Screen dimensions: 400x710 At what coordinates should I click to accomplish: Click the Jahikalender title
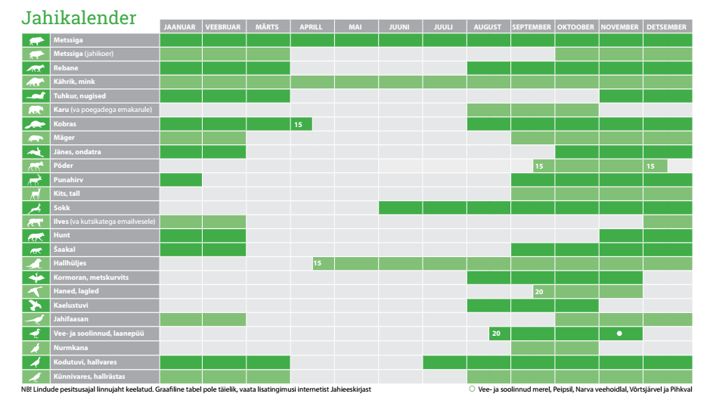click(79, 17)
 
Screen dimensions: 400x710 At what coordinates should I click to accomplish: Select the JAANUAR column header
click(181, 27)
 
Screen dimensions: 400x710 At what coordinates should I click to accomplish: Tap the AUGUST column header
click(488, 27)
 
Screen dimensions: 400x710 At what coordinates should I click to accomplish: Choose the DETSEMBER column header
click(668, 27)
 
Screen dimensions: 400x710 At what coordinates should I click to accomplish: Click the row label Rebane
click(66, 68)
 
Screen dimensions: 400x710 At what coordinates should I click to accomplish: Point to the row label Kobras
click(65, 124)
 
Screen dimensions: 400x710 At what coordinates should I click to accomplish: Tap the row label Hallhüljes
click(70, 263)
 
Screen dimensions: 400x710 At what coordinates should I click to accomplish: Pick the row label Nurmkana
click(70, 348)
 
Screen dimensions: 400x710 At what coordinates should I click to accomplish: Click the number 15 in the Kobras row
click(298, 124)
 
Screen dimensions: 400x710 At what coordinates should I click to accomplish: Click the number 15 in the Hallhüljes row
click(318, 263)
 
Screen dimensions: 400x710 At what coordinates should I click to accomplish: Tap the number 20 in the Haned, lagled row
click(538, 292)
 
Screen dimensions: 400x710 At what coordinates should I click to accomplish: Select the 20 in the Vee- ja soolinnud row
click(496, 333)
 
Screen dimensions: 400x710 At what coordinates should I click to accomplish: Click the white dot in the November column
click(619, 333)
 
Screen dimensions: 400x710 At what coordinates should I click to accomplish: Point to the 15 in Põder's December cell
click(650, 166)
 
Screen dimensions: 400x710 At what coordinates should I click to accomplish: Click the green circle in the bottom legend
click(472, 389)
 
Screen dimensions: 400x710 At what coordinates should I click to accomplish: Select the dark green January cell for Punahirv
click(181, 180)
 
